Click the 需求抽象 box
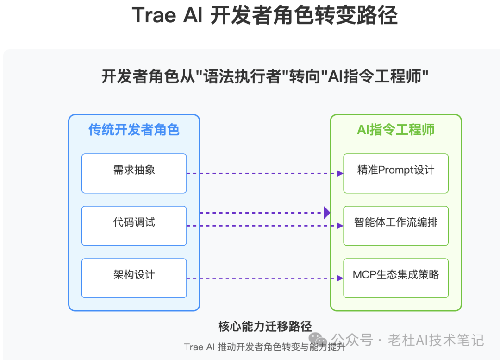click(134, 173)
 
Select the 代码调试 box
click(134, 226)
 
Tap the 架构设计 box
click(134, 278)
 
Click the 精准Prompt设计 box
click(396, 173)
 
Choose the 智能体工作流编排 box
click(396, 226)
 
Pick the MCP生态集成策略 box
click(396, 278)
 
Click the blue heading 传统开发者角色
click(134, 130)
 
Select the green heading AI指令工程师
click(396, 130)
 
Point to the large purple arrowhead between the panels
click(327, 213)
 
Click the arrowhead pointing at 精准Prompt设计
click(340, 173)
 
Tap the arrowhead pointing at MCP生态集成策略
click(340, 278)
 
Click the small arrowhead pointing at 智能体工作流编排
click(340, 226)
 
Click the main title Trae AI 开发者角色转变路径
click(265, 15)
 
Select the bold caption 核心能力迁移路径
click(265, 326)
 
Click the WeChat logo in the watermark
click(318, 339)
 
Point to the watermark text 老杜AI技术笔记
click(436, 340)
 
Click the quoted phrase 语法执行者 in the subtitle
click(242, 76)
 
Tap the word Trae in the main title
click(154, 15)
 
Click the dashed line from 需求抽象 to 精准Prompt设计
click(262, 173)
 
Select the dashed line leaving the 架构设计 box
click(262, 278)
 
